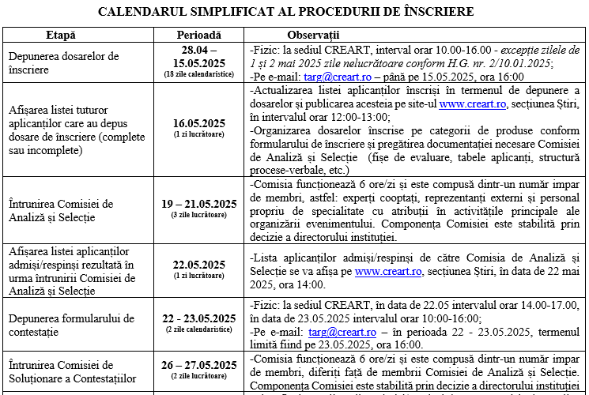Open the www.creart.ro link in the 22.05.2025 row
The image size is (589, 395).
pyautogui.click(x=388, y=271)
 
